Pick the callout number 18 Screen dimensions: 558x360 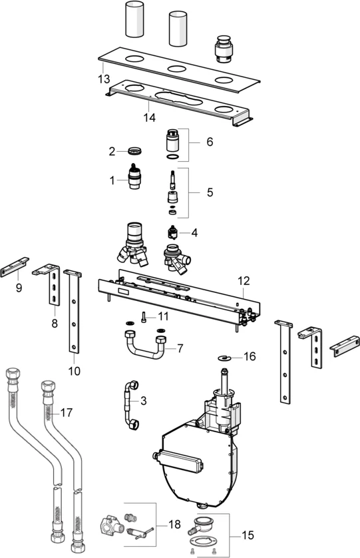pos(175,525)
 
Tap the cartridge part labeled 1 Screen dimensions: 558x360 pos(136,178)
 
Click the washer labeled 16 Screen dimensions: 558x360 pos(226,357)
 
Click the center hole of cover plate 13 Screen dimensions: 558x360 pos(176,69)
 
